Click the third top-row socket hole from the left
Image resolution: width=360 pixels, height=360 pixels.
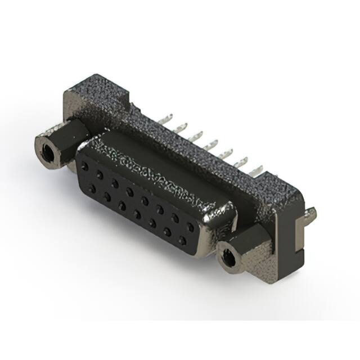coord(115,183)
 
